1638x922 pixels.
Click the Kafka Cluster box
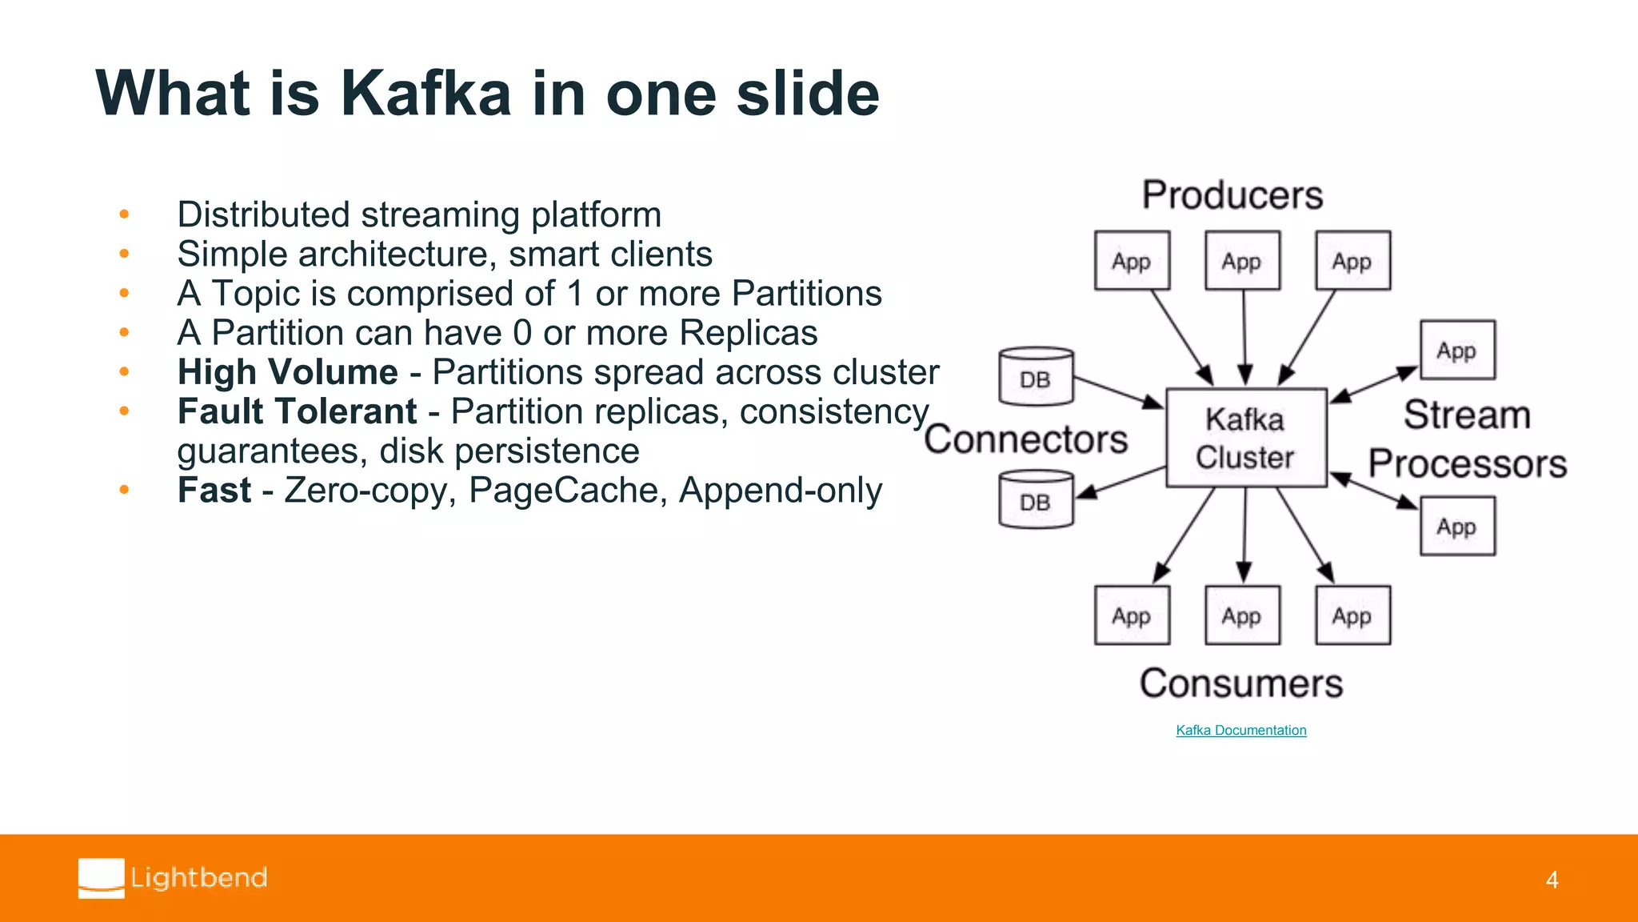(x=1245, y=438)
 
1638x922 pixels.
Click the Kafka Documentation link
(x=1240, y=730)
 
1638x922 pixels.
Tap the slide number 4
(x=1552, y=880)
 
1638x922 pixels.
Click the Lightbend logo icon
(x=102, y=878)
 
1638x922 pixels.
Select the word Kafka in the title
(x=425, y=94)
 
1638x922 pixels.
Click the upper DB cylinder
(x=1036, y=376)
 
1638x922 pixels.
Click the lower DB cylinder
(x=1036, y=499)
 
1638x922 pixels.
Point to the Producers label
(x=1232, y=195)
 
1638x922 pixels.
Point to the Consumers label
(x=1240, y=683)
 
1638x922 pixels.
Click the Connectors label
(x=1025, y=439)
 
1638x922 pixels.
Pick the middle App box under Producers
(x=1242, y=261)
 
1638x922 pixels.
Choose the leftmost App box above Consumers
(x=1132, y=615)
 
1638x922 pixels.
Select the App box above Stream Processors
(x=1456, y=350)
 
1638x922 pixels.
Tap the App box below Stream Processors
(x=1456, y=526)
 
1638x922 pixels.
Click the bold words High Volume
(x=287, y=372)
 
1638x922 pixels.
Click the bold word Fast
(x=214, y=490)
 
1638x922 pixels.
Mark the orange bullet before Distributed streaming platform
(x=124, y=214)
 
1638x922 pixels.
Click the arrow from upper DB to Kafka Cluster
(x=1118, y=392)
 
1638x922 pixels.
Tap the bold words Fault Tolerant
(x=297, y=411)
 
